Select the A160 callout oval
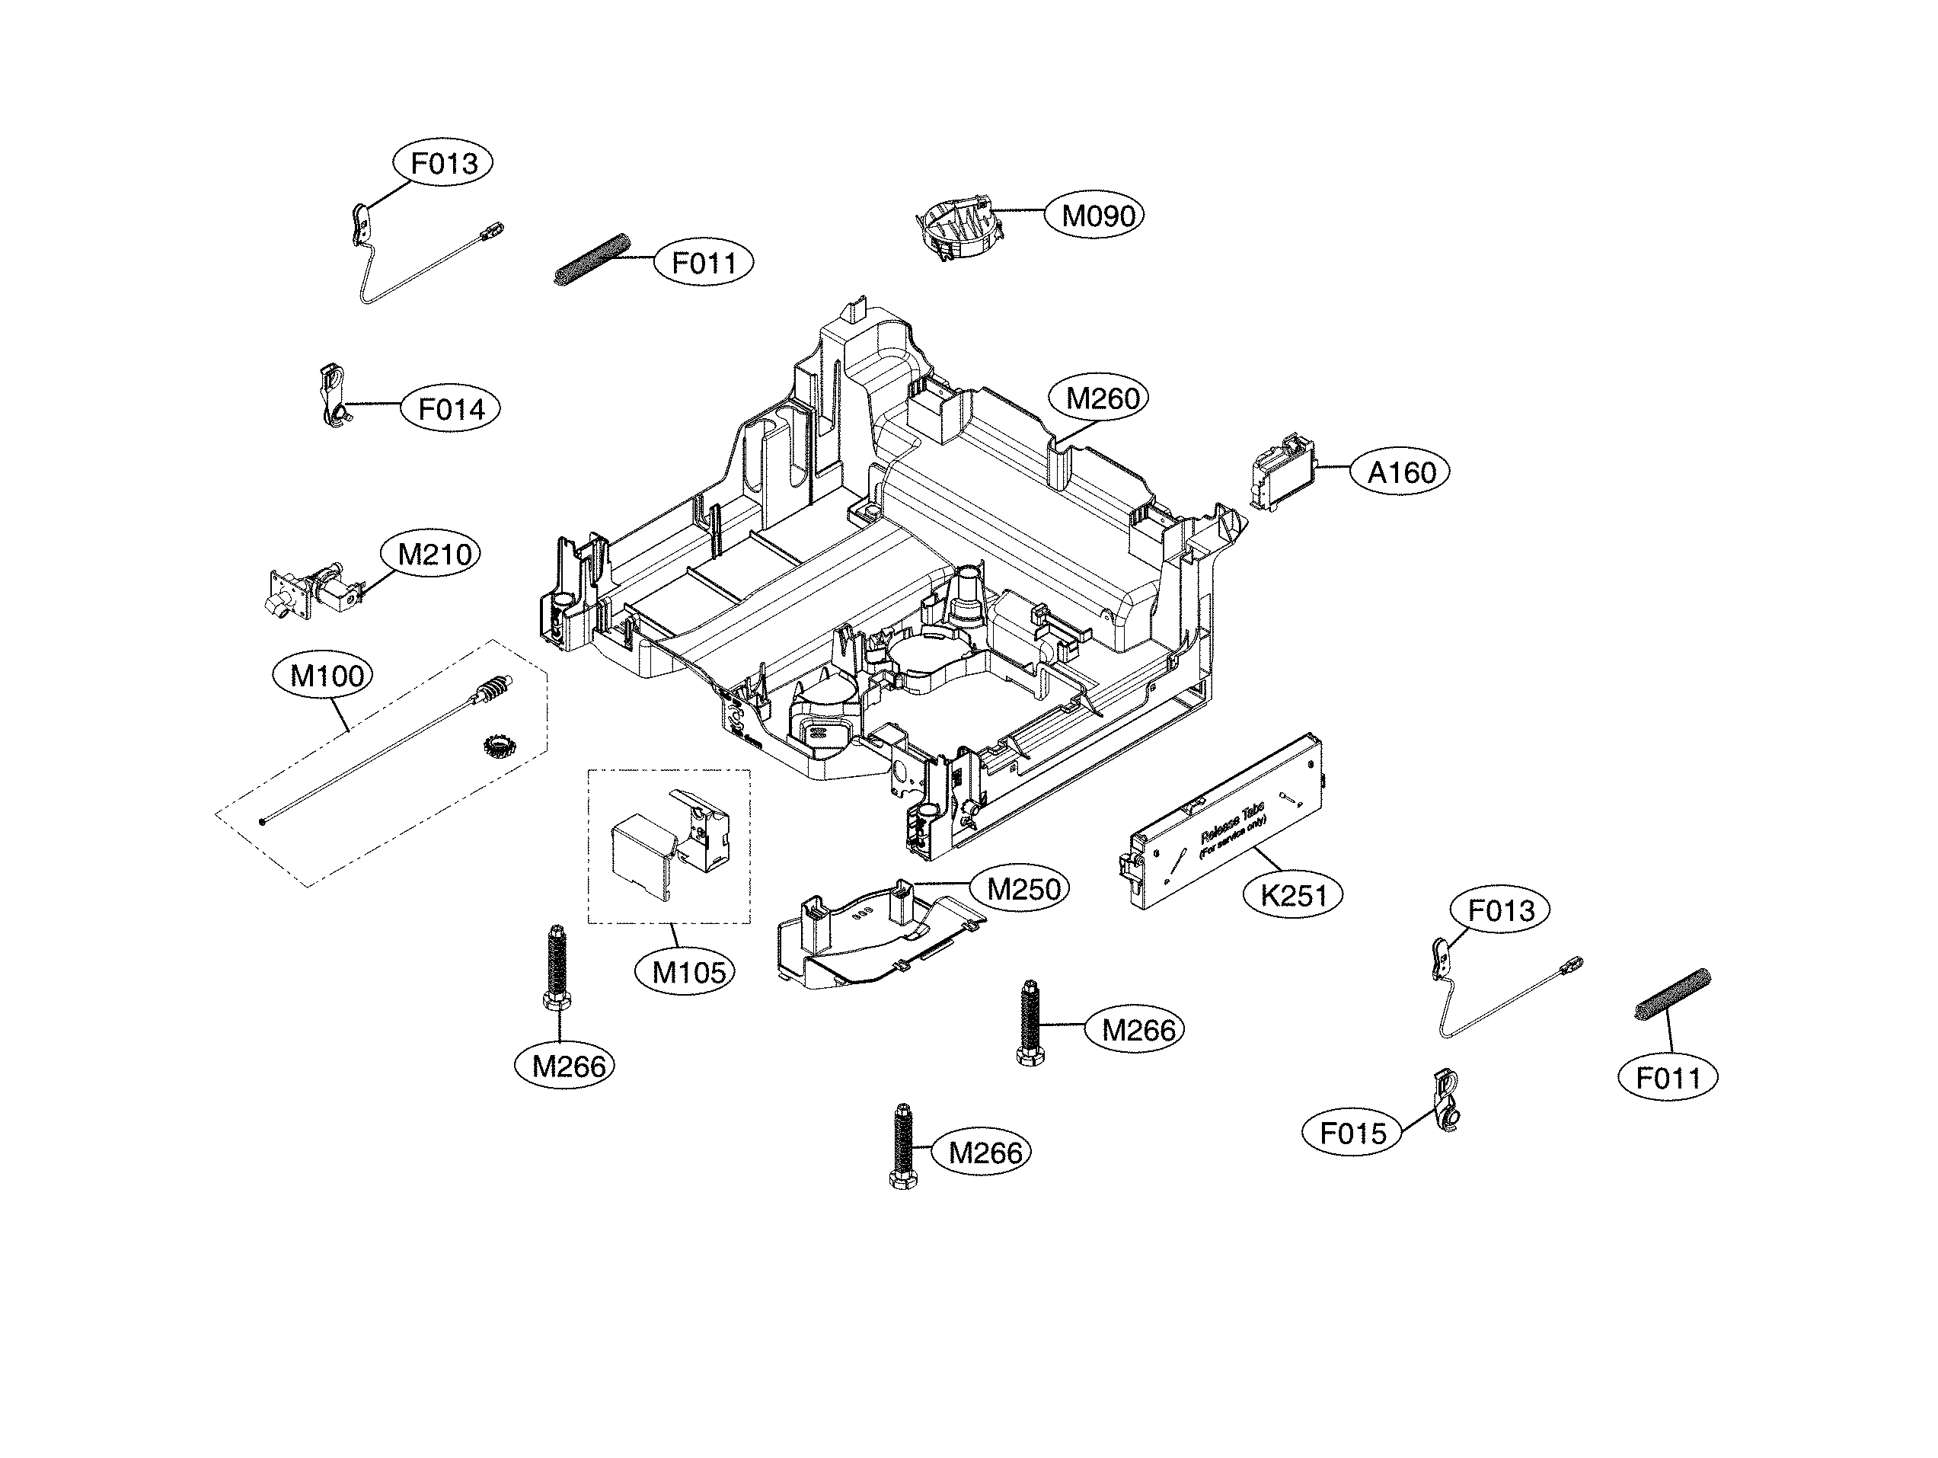[1402, 473]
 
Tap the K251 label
[1294, 896]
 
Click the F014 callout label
[450, 409]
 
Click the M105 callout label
[688, 972]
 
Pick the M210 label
[434, 555]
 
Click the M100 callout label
[326, 676]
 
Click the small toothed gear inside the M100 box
[499, 747]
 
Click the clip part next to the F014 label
[332, 396]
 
